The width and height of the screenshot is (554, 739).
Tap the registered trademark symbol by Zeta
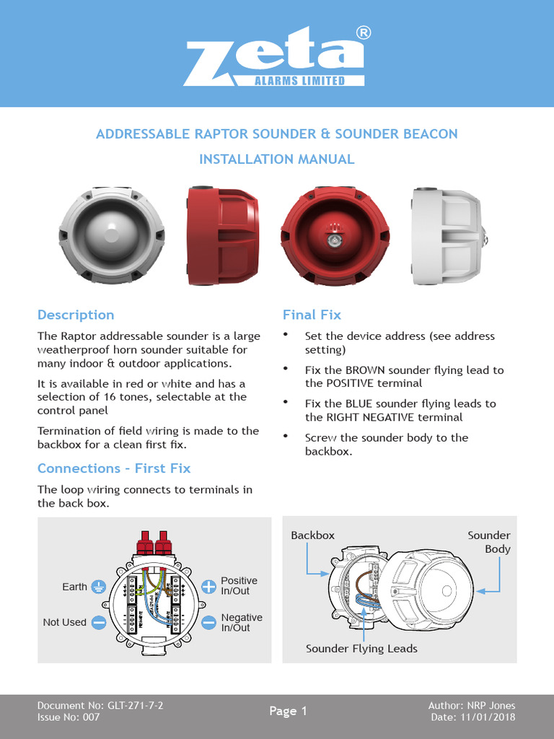(x=364, y=33)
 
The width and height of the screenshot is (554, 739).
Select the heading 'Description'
(x=76, y=315)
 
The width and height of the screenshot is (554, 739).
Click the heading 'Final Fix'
(x=312, y=315)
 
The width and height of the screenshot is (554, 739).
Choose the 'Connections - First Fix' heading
(x=114, y=468)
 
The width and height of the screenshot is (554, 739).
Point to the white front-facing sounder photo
(x=111, y=235)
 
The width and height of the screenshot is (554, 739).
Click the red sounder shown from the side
(x=222, y=235)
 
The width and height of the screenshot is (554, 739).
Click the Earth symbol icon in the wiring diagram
(x=100, y=587)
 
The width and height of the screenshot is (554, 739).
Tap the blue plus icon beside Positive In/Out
(x=208, y=586)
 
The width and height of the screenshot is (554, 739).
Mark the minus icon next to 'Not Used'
(x=100, y=622)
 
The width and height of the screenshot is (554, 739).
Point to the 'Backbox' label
(x=312, y=535)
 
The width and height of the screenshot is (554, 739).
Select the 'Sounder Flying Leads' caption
(x=361, y=649)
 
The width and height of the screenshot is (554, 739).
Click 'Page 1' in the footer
(x=288, y=711)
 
